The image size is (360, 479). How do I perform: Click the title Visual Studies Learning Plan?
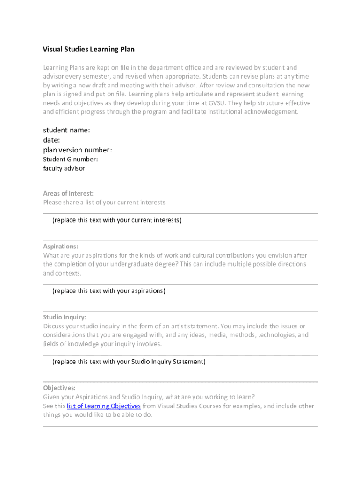(89, 49)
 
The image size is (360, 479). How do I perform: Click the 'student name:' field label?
(66, 130)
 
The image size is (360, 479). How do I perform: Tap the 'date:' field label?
(51, 140)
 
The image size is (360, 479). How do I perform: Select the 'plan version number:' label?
(78, 150)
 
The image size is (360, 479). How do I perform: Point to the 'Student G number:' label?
(71, 160)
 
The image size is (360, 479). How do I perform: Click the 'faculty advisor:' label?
(65, 168)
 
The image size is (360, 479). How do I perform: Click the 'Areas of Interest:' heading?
(68, 193)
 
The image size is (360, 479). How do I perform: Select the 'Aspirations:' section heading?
(61, 247)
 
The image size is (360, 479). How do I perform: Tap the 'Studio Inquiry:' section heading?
(65, 317)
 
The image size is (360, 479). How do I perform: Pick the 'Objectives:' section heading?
(59, 388)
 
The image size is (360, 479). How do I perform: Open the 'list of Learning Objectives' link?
(104, 406)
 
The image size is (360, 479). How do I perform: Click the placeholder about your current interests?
(117, 220)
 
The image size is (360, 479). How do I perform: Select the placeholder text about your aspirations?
(109, 291)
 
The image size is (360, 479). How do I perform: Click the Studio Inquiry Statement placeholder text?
(129, 362)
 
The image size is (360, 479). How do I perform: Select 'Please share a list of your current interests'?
(104, 203)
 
